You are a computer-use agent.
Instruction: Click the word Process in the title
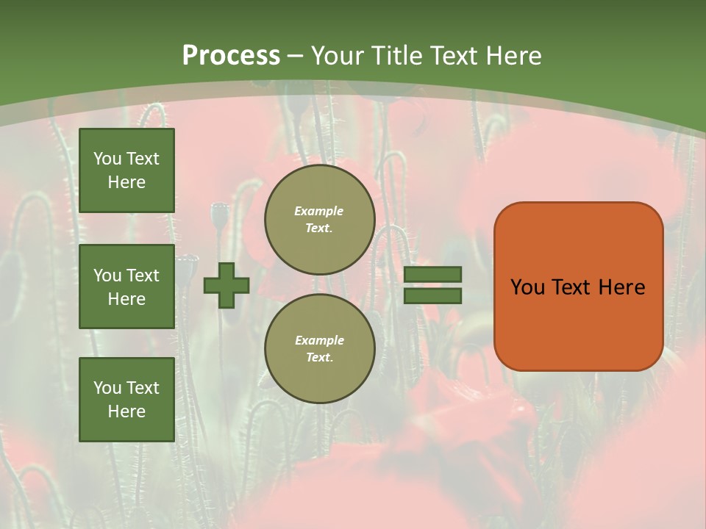tap(231, 56)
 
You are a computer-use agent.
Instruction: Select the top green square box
tap(126, 170)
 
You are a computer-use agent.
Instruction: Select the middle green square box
tap(126, 287)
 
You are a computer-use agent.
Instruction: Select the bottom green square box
tap(126, 399)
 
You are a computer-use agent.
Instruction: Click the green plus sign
tap(227, 285)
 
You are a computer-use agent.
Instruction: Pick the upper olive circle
tap(320, 220)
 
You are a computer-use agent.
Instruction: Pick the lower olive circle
tap(320, 348)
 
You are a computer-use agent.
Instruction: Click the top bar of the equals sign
tap(433, 274)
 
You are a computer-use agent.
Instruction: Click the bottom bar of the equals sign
tap(433, 296)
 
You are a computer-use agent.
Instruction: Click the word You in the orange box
tap(527, 287)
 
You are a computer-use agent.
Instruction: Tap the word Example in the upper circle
tap(319, 211)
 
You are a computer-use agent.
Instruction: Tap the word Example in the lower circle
tap(319, 340)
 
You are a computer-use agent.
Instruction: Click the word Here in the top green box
tap(126, 182)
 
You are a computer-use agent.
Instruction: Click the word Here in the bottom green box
tap(126, 411)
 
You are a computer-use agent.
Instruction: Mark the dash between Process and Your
tap(296, 57)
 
